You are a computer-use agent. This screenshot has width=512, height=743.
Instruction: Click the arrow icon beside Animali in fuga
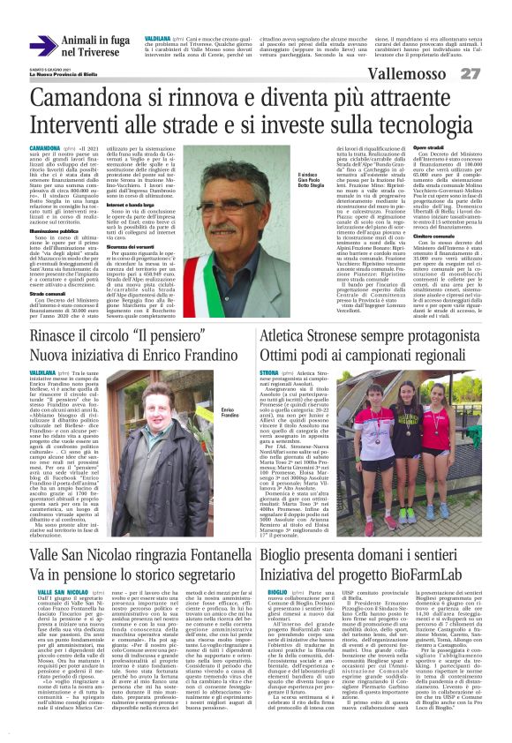(42, 45)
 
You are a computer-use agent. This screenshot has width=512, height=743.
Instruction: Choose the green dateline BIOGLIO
(277, 564)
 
